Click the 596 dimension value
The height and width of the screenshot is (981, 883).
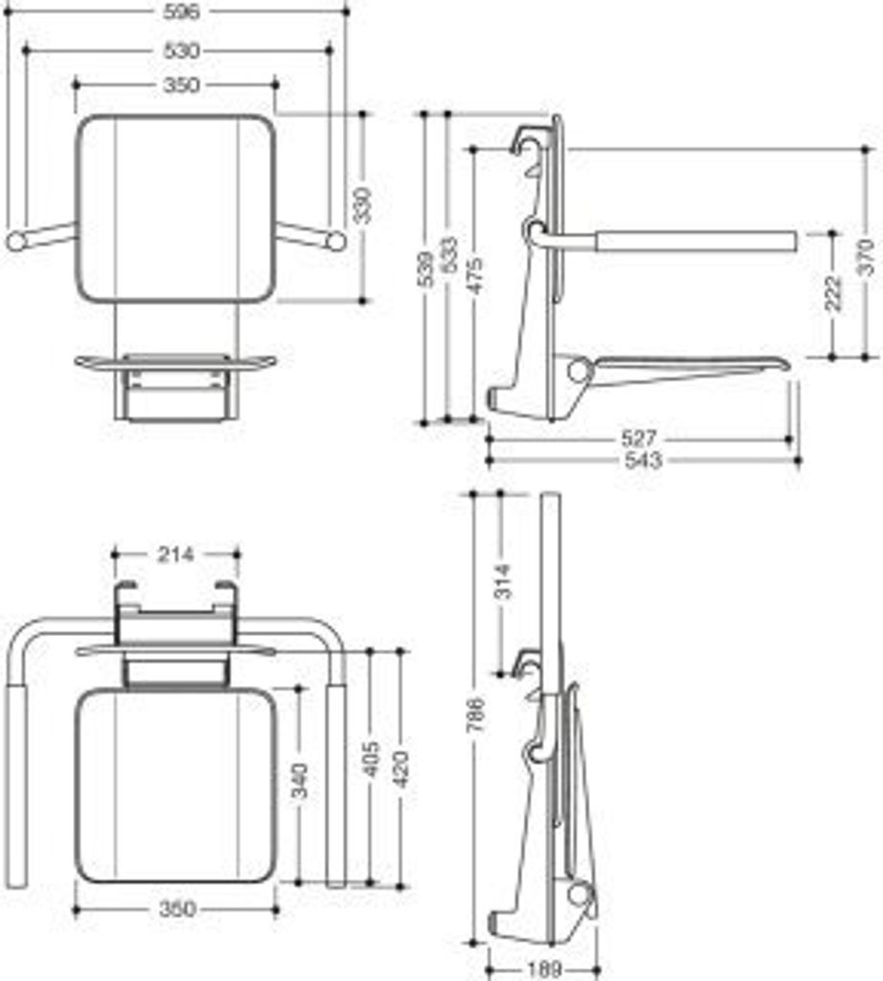point(180,11)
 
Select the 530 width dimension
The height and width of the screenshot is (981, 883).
point(180,50)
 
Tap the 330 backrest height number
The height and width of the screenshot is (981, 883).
point(363,206)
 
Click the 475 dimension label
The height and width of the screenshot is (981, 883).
point(474,278)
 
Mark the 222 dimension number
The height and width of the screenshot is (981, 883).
point(832,294)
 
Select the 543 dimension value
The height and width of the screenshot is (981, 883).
point(642,461)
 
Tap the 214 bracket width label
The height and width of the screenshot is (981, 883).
point(176,554)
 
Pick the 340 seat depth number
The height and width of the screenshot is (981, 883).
point(300,784)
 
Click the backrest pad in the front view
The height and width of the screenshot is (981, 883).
point(175,207)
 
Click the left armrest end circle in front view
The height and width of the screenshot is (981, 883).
point(16,240)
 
